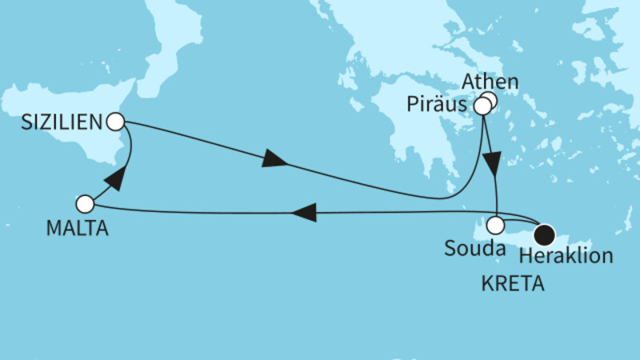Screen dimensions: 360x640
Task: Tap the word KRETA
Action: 513,284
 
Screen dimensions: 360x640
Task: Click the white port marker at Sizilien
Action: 115,122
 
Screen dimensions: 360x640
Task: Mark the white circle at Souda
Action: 497,225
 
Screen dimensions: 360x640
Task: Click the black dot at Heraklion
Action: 545,234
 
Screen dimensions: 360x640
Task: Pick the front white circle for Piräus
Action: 483,106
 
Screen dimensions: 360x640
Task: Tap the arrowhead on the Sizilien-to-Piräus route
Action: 274,162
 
